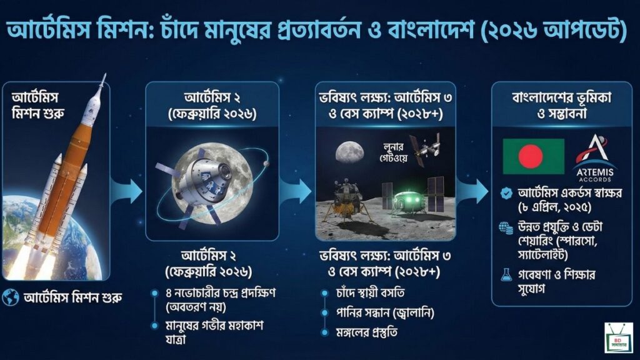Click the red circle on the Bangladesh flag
click(530, 156)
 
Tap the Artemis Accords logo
click(594, 158)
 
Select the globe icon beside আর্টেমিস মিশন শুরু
click(10, 297)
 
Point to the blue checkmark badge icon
click(506, 193)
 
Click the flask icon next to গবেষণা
click(506, 275)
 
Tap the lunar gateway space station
click(426, 149)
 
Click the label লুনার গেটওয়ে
click(392, 152)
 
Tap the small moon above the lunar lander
click(349, 152)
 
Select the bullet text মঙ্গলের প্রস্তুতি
click(366, 332)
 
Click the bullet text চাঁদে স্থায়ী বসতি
click(370, 293)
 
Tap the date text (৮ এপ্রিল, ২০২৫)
click(554, 207)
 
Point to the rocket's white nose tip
click(104, 75)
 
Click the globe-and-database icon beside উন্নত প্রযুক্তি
click(506, 228)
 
